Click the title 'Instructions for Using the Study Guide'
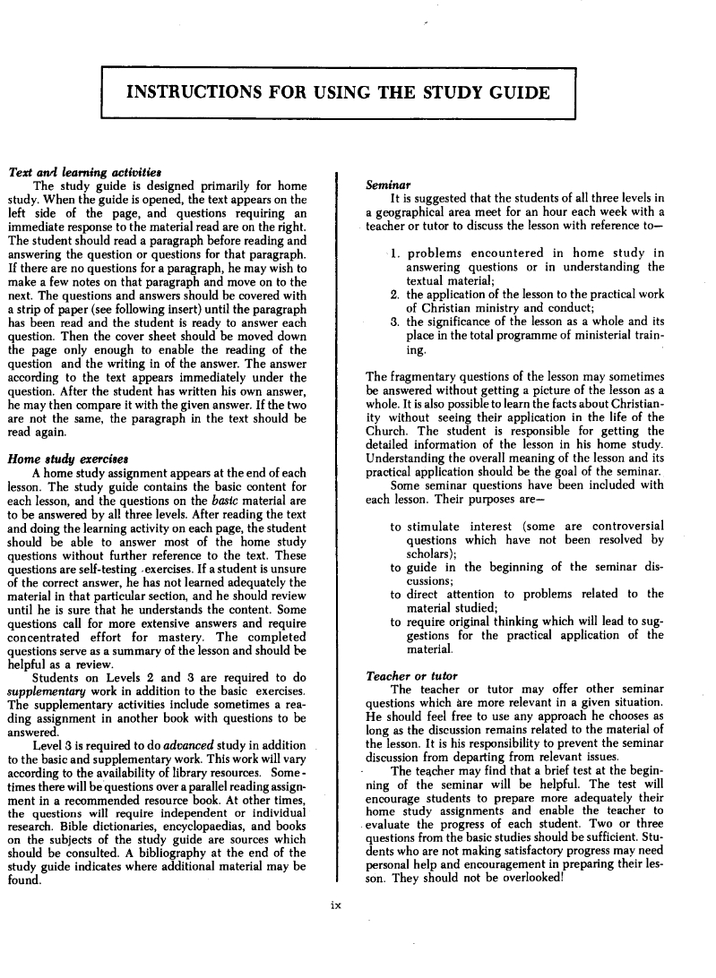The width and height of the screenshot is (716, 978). point(338,93)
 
